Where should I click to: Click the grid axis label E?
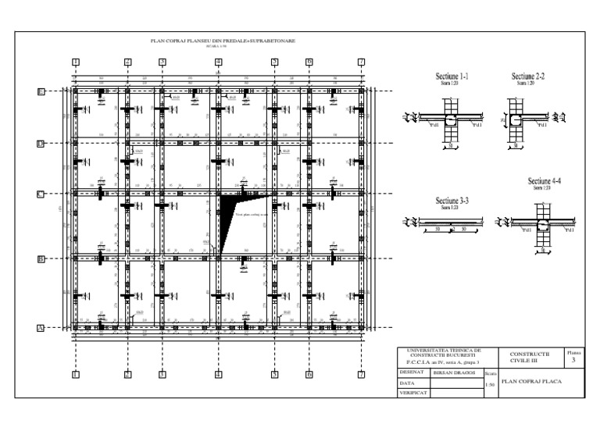click(x=41, y=91)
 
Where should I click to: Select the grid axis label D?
click(x=41, y=144)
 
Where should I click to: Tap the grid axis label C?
click(x=41, y=194)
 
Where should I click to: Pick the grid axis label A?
click(x=41, y=329)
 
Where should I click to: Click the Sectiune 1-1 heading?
click(x=451, y=77)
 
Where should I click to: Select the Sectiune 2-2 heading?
click(x=527, y=77)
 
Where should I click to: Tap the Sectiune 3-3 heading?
click(x=451, y=201)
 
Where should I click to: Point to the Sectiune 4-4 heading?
click(x=546, y=182)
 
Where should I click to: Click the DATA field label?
click(x=406, y=383)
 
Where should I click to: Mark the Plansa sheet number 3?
click(x=574, y=361)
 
